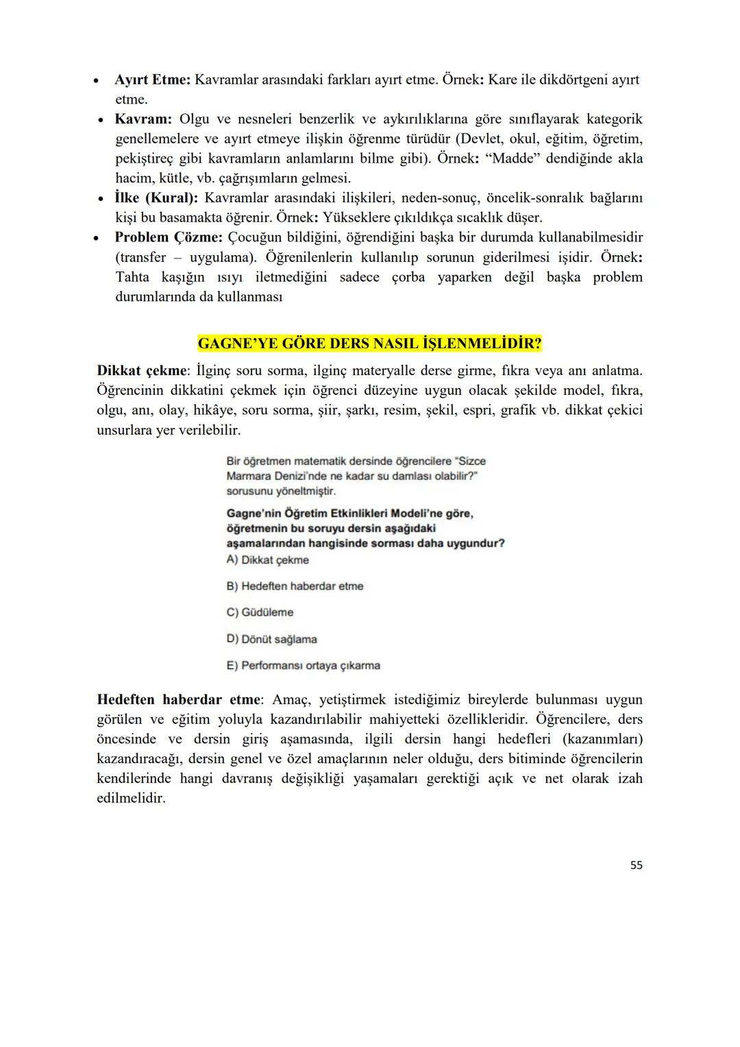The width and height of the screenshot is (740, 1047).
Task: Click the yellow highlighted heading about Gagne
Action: [x=369, y=343]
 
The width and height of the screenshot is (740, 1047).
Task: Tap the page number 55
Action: [x=636, y=865]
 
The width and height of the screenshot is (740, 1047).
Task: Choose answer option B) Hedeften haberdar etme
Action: [x=295, y=586]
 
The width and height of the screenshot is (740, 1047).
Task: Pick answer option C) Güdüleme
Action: [x=260, y=612]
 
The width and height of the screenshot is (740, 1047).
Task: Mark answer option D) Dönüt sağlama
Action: [x=271, y=639]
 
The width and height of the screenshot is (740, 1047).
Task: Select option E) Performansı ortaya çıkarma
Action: [x=303, y=666]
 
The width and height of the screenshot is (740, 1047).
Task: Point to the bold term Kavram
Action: [x=143, y=119]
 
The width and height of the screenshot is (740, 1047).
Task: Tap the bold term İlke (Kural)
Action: [x=156, y=198]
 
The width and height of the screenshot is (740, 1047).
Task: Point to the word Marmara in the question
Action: [x=248, y=477]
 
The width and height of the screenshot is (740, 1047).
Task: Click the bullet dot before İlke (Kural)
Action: [x=101, y=199]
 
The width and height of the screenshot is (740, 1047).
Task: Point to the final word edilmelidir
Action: [x=131, y=799]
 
